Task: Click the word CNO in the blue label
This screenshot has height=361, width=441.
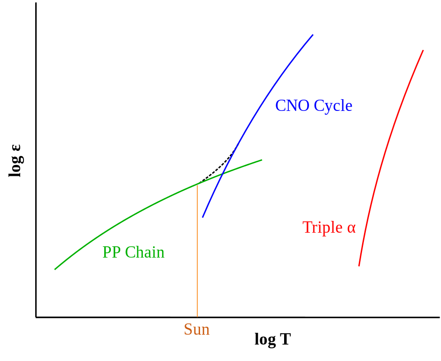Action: coord(292,106)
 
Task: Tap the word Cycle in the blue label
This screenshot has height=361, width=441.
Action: coord(333,106)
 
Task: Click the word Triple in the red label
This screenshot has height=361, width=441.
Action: coord(323,228)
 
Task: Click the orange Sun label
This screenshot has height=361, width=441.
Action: coord(196,330)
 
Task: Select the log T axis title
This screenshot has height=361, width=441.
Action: coord(272,339)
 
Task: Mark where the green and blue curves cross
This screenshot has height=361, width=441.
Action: coord(223,174)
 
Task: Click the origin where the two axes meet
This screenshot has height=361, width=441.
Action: coord(36,317)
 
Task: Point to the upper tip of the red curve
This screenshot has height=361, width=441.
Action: coord(423,51)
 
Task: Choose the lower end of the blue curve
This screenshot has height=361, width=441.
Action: coord(203,217)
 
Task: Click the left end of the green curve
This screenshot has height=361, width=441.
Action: coord(55,269)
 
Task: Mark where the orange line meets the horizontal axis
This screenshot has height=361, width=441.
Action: coord(197,317)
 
